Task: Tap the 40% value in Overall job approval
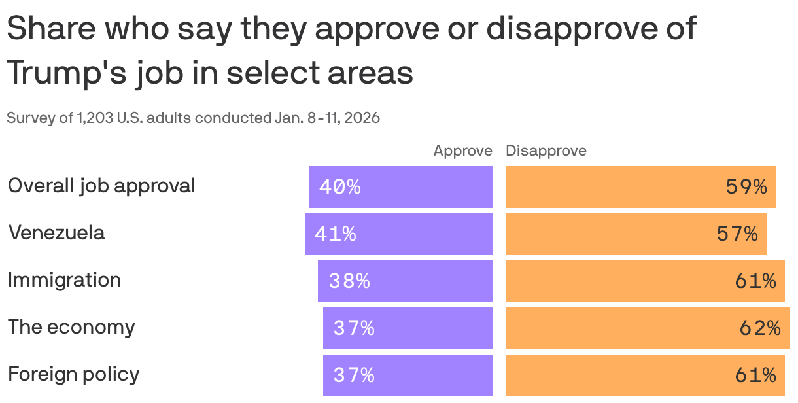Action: [339, 187]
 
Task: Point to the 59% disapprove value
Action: [746, 187]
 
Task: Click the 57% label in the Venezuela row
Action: [737, 234]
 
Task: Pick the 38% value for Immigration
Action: [349, 281]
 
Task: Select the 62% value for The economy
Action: [759, 328]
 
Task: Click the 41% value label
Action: [335, 234]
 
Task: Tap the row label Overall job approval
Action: [101, 186]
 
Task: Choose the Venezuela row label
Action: [56, 233]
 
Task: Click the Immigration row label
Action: [64, 280]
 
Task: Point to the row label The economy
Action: [71, 327]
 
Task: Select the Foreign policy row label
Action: [73, 374]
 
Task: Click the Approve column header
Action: [462, 151]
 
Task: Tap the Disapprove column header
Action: [546, 151]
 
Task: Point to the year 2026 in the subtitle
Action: [362, 118]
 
